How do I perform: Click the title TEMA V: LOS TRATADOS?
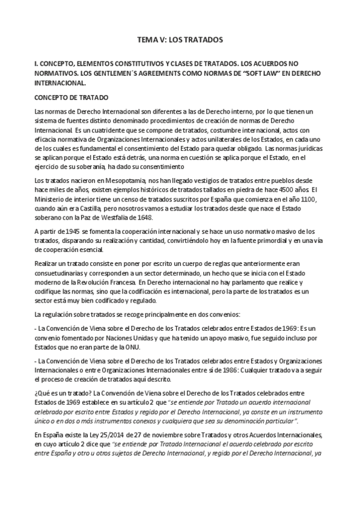click(x=180, y=40)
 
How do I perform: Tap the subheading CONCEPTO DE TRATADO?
click(x=71, y=96)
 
